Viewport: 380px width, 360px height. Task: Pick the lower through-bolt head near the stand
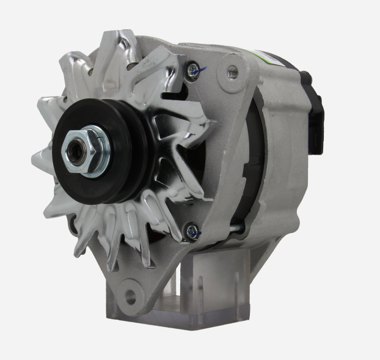click(192, 230)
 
